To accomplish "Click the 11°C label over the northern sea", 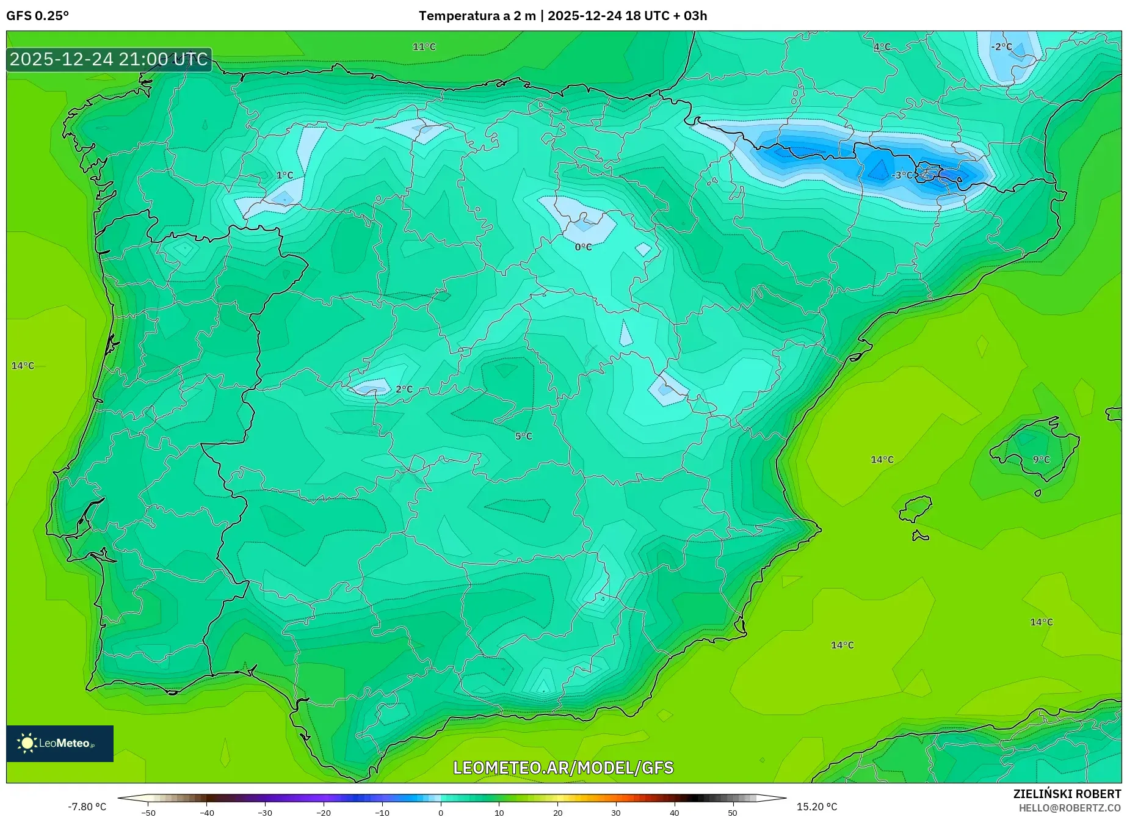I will point(424,47).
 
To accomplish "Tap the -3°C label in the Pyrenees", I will point(902,175).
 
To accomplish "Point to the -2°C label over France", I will point(1001,47).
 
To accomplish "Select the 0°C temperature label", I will point(583,247).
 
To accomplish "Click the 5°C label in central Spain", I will point(523,437).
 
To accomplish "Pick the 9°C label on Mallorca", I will point(1041,460).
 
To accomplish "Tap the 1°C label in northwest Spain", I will point(284,175).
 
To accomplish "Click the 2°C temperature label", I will point(404,390).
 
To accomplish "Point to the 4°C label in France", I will point(882,47).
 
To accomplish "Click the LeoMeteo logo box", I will point(60,743).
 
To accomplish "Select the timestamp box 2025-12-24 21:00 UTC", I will point(109,59).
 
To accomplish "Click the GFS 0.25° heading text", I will point(37,16).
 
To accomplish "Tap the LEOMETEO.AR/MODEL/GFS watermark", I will point(563,768).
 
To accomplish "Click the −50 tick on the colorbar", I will point(148,813).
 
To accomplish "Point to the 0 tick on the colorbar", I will point(441,813).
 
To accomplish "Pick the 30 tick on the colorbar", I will point(616,813).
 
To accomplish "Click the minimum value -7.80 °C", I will point(87,807).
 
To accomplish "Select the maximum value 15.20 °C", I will point(817,807).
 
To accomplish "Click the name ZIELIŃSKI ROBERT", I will point(1067,794).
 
